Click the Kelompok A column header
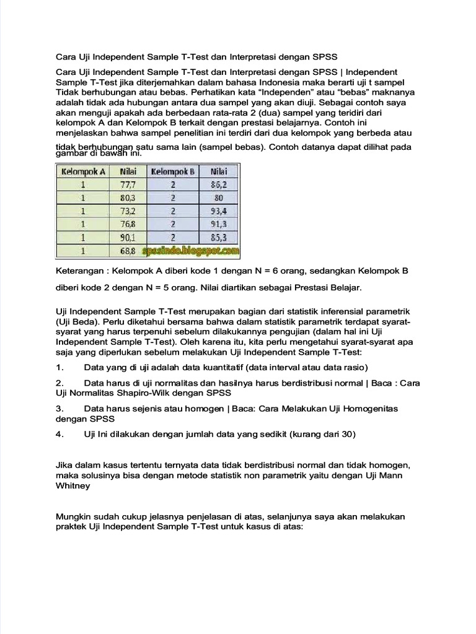pos(82,171)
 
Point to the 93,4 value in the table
pos(218,211)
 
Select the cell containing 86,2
pos(218,185)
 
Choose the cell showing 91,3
pos(218,224)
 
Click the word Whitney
pos(73,486)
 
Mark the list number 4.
pos(59,435)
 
